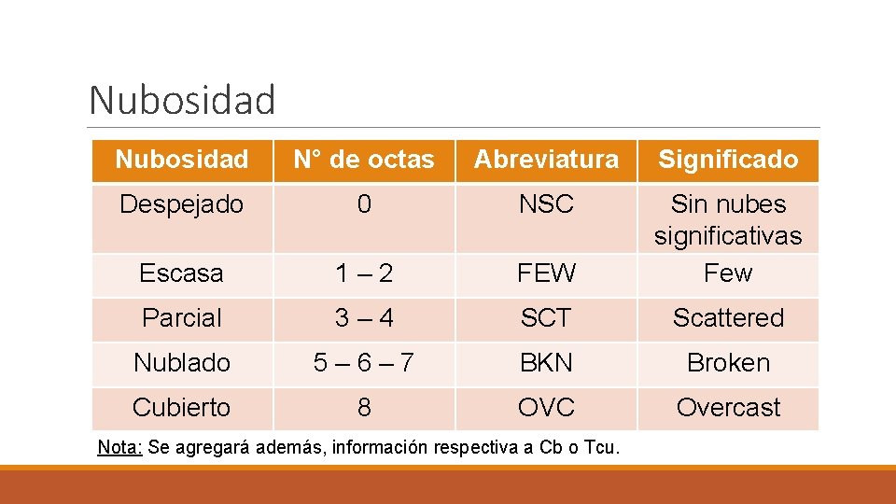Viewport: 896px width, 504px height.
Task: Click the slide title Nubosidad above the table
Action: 182,100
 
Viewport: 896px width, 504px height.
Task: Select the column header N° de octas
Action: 364,160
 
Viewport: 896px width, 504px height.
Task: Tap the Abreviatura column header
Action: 546,160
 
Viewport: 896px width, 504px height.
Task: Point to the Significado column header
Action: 728,160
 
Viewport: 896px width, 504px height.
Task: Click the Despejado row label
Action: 182,204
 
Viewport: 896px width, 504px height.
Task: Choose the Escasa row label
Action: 182,273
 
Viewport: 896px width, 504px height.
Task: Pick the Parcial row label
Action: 182,318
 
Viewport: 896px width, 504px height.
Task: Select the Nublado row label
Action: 182,363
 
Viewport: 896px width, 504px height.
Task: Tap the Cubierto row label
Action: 182,408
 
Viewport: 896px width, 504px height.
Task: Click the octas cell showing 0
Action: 364,204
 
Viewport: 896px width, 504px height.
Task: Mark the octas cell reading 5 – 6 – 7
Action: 364,363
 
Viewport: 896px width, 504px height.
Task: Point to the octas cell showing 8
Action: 364,408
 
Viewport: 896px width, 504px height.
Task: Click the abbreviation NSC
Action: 546,204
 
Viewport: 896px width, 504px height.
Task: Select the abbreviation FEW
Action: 546,273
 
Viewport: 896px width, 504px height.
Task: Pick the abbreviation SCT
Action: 546,318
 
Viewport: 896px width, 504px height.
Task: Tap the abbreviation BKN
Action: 546,363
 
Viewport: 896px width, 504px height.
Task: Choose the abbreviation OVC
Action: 546,408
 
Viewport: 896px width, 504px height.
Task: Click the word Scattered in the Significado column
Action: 728,318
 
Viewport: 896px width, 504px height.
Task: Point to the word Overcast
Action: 728,408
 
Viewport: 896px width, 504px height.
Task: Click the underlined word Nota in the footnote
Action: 119,447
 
